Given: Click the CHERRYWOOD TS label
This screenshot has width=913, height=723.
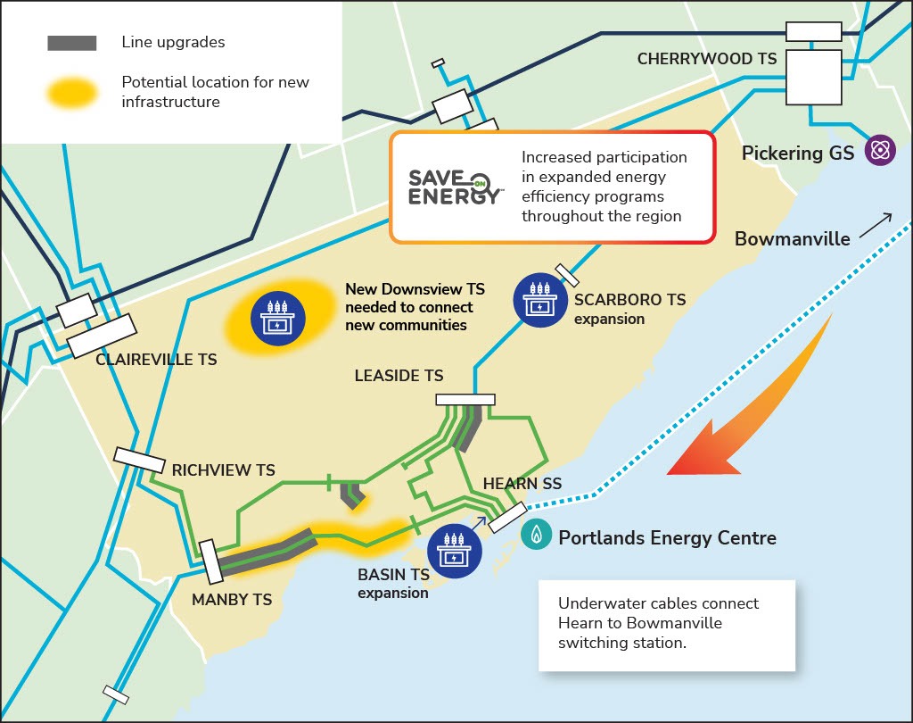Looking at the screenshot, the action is tap(707, 59).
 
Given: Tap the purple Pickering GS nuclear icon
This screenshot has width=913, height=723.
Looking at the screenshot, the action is tap(880, 151).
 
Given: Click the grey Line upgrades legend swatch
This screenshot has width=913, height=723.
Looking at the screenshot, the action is tap(72, 43).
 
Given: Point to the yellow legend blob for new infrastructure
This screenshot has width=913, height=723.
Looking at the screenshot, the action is tap(71, 92).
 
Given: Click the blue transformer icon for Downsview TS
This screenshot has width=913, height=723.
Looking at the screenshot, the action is tap(278, 319).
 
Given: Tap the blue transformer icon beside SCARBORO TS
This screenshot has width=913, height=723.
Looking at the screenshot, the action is tap(540, 300).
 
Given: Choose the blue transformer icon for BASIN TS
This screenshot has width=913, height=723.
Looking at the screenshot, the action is tap(454, 551).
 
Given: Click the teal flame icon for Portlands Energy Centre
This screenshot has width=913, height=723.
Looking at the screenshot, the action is tap(536, 534).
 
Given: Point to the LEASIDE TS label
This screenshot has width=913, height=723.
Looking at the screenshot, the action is tap(399, 376).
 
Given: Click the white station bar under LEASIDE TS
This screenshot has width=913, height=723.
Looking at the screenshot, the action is tap(465, 399).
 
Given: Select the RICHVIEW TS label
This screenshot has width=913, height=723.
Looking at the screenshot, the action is tap(223, 470).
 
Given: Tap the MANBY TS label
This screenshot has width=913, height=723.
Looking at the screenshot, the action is tap(232, 600).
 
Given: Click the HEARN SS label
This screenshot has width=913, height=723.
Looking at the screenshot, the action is tap(522, 484).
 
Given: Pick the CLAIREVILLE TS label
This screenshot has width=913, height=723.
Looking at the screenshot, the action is tap(156, 359).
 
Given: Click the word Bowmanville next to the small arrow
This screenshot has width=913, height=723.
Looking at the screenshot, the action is tap(792, 238).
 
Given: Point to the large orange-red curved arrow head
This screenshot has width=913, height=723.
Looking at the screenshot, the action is tap(703, 452).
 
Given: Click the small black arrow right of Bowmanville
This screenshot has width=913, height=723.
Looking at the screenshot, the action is tap(876, 226).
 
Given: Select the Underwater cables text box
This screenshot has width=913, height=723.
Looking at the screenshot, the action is tap(667, 625).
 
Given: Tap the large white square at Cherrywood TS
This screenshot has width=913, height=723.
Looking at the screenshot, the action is tap(813, 77).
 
